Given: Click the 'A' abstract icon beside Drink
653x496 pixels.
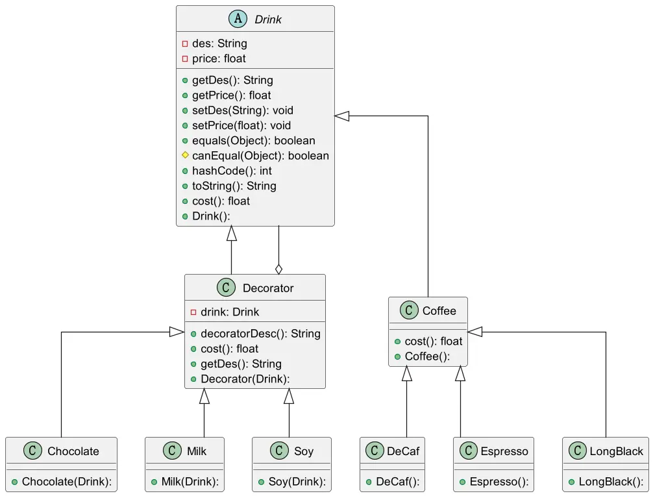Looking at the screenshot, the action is click(x=238, y=19).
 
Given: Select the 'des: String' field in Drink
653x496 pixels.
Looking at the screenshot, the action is click(x=219, y=43).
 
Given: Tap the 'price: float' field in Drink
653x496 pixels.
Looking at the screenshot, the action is click(x=219, y=58).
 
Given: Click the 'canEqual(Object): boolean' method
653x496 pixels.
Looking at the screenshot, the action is click(x=260, y=156).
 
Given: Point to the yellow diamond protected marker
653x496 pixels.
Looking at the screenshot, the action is click(x=186, y=155).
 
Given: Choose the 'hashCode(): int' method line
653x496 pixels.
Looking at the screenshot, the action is click(x=232, y=171).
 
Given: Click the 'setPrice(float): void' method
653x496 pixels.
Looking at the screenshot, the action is click(x=241, y=125).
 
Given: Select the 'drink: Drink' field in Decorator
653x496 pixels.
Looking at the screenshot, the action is click(x=230, y=312).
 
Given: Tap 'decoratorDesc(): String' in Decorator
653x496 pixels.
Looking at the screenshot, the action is click(x=260, y=334).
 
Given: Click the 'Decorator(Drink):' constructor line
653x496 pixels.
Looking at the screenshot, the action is click(x=245, y=379).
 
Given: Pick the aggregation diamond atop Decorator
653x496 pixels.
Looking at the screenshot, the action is click(x=278, y=269).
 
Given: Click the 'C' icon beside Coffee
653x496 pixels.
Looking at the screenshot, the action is click(x=409, y=310).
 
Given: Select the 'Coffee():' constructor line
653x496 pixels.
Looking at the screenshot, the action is click(x=427, y=356).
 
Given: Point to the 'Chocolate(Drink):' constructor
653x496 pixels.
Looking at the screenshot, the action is click(x=67, y=482).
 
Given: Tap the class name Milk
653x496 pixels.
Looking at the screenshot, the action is click(x=197, y=451).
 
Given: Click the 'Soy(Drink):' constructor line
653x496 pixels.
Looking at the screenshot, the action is click(x=297, y=482).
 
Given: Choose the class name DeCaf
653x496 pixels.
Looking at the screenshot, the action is click(x=403, y=451).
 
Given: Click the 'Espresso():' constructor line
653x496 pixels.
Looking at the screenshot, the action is click(x=499, y=482).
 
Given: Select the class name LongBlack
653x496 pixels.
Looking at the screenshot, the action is click(x=617, y=451).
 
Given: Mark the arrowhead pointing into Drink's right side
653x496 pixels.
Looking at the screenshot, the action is click(x=342, y=116).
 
